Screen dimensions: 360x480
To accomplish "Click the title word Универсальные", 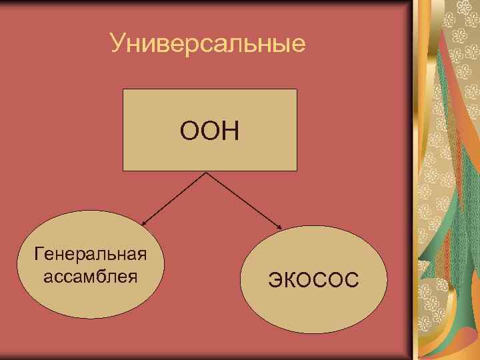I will click(208, 44).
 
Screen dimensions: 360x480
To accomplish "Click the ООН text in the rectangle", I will click(209, 130).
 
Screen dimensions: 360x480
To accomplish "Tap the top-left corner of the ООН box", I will click(123, 89).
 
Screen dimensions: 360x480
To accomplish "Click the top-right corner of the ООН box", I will click(296, 89).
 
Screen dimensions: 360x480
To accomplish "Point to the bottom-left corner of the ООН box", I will click(123, 171).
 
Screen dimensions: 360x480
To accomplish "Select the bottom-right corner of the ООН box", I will click(296, 171).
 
